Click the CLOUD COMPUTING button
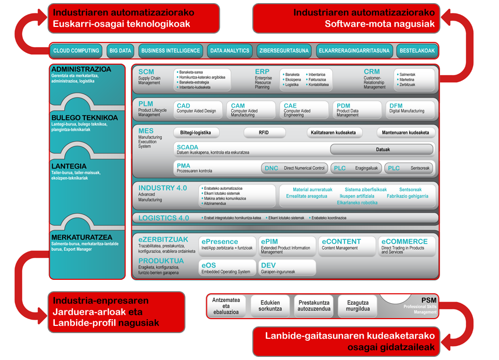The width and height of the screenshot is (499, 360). [x=76, y=51]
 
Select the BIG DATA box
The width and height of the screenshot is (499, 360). [x=120, y=51]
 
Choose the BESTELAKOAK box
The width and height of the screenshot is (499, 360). [x=417, y=51]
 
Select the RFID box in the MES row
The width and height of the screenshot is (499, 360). [x=264, y=132]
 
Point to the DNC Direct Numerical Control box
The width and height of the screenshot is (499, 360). [x=295, y=168]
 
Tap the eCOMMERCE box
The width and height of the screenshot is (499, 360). [x=406, y=246]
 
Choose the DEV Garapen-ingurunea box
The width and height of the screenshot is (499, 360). [x=287, y=267]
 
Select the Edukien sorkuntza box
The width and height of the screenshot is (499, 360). [x=270, y=306]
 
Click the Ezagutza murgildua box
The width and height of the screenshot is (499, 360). [x=358, y=306]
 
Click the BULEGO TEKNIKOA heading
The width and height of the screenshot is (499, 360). [x=84, y=117]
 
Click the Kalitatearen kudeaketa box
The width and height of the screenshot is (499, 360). [x=333, y=132]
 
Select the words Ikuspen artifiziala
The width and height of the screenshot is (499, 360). [x=357, y=196]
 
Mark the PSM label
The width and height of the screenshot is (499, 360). [x=429, y=300]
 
